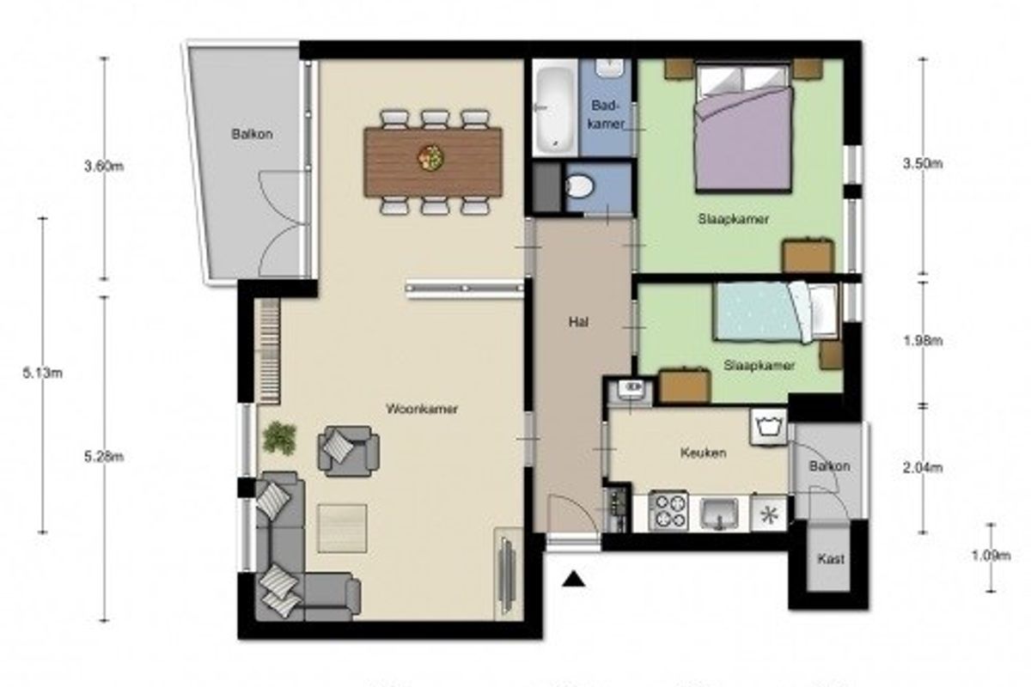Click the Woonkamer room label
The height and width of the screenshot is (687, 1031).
[x=422, y=409]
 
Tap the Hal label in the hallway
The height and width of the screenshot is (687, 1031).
[x=578, y=322]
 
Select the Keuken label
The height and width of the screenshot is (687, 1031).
[x=704, y=453]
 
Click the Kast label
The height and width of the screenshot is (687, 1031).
[x=831, y=559]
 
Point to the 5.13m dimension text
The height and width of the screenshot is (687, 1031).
[x=42, y=374]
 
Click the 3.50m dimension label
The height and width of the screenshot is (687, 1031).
[x=923, y=163]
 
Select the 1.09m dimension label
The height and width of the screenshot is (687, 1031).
[x=991, y=556]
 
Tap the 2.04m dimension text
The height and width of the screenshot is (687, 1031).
[x=923, y=468]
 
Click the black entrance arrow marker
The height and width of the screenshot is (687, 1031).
[x=574, y=580]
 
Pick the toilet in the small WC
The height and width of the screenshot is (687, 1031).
[x=579, y=187]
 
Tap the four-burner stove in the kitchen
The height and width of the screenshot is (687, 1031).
[x=668, y=511]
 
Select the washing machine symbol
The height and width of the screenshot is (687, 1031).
[x=768, y=427]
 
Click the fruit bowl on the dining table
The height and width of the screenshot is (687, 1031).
[x=430, y=157]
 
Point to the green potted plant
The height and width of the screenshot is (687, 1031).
[x=279, y=438]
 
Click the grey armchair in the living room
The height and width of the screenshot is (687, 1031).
[x=349, y=451]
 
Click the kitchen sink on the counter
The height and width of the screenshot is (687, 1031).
[x=719, y=513]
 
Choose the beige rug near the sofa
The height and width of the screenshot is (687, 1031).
[x=342, y=528]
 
